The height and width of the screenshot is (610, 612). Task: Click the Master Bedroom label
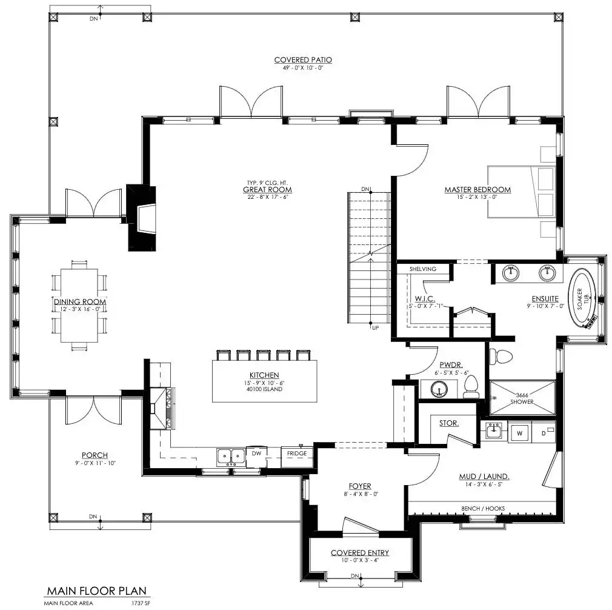pos(477,190)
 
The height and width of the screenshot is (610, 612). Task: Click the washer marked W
pos(519,433)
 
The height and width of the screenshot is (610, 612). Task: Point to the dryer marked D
pos(544,433)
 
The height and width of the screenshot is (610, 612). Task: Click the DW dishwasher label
pos(256,454)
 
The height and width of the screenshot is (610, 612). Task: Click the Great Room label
pos(267,190)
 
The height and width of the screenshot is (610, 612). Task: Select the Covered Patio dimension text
pos(303,67)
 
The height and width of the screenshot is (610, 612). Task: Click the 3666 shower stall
pos(522,398)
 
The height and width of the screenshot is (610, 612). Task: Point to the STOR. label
pos(449,423)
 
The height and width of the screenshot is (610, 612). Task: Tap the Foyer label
pos(360,486)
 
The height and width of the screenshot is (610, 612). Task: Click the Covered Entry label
pos(360,552)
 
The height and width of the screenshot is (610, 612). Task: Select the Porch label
pos(95,455)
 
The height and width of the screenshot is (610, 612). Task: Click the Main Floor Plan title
pos(97,591)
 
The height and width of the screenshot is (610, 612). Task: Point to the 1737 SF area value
pos(141,603)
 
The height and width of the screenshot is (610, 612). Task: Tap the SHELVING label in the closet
pos(423,269)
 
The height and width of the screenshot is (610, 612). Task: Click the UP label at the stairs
pos(376,328)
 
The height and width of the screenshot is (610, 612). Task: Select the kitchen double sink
pos(231,457)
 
